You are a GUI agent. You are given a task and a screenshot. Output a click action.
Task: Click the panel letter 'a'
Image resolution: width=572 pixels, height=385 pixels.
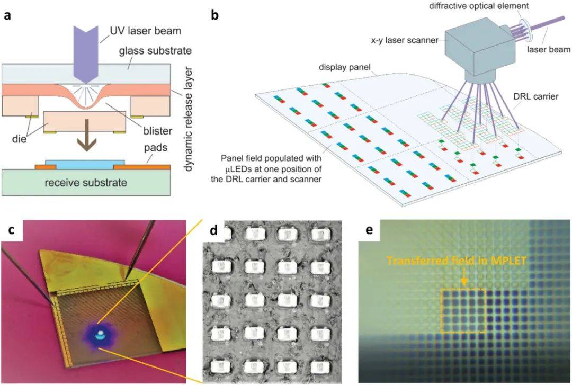7,15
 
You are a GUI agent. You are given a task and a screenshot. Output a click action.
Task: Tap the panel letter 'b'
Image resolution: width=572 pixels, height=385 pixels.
215,15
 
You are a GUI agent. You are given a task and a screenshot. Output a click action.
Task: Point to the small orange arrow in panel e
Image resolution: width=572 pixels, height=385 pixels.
463,279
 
